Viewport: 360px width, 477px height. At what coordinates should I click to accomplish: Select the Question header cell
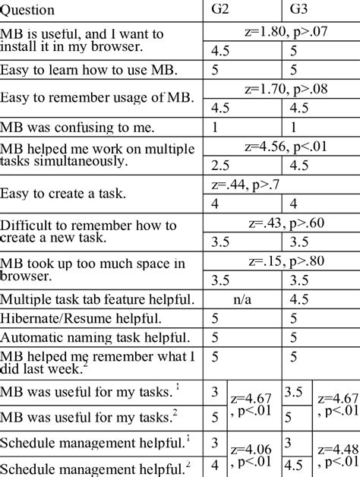[x=29, y=11]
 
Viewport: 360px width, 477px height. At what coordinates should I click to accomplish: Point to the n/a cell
[x=242, y=300]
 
